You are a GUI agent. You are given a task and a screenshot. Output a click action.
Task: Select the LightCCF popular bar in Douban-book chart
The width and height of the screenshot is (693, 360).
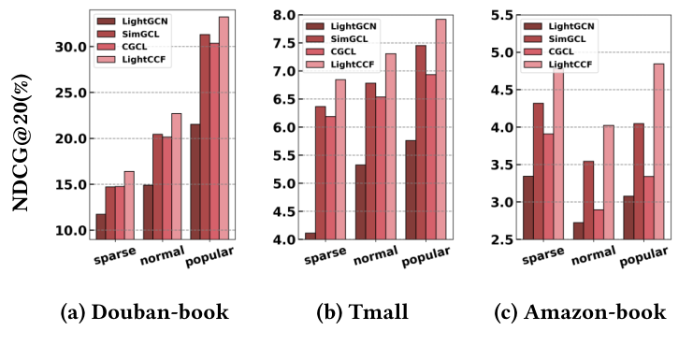tap(224, 127)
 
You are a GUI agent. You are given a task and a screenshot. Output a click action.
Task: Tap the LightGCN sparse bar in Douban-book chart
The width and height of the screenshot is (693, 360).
tap(101, 226)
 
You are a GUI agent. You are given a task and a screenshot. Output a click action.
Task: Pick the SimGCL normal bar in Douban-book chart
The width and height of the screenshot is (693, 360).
tap(157, 187)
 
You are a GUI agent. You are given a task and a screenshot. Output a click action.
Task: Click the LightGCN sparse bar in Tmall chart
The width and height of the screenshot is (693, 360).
tap(310, 236)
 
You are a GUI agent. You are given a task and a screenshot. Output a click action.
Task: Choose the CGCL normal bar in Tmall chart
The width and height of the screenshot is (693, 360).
tap(382, 167)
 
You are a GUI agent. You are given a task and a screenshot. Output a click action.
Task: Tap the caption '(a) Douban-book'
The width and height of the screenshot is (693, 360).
tap(145, 312)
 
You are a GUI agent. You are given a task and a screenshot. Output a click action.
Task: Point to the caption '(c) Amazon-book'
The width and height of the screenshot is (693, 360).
tap(581, 312)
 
